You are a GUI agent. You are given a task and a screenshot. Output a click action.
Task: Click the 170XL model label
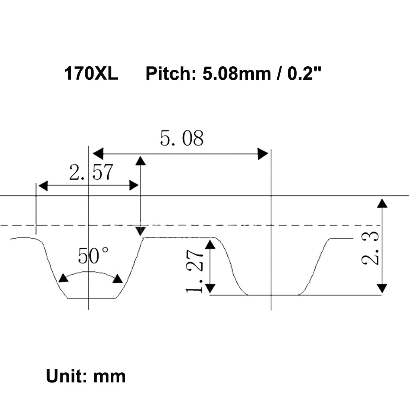(91, 73)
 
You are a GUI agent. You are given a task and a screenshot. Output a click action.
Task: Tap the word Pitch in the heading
(168, 73)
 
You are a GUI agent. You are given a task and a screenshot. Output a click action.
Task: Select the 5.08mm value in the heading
(236, 73)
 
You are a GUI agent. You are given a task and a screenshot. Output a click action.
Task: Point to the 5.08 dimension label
(182, 139)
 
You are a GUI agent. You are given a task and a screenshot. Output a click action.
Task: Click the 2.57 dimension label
(91, 173)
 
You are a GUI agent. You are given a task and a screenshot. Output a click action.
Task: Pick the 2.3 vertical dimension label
(370, 247)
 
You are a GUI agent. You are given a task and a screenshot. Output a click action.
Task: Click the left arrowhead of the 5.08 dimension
(98, 153)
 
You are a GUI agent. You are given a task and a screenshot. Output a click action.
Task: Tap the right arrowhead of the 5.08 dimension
(263, 153)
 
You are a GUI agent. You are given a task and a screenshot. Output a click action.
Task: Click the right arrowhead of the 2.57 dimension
(134, 185)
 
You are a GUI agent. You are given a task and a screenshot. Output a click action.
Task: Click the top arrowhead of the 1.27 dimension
(211, 244)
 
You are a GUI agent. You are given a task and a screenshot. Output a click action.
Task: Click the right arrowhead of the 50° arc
(118, 279)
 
